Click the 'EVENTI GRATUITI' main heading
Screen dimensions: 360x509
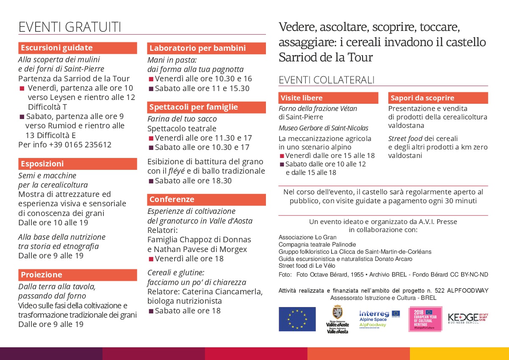pos(70,27)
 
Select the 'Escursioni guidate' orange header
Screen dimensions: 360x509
pos(77,48)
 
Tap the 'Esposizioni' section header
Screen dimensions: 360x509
pos(77,164)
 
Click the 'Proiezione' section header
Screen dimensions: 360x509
pos(77,275)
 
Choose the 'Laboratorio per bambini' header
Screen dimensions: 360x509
pos(207,48)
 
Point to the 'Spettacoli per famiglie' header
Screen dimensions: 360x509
pos(207,107)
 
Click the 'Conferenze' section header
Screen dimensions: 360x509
pos(207,199)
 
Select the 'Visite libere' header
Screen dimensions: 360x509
pos(328,98)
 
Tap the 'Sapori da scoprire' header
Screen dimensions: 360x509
pos(438,98)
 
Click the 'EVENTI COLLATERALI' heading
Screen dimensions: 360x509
pos(326,80)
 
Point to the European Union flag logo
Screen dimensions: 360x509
pos(297,319)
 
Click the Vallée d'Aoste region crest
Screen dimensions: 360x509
pos(337,319)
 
